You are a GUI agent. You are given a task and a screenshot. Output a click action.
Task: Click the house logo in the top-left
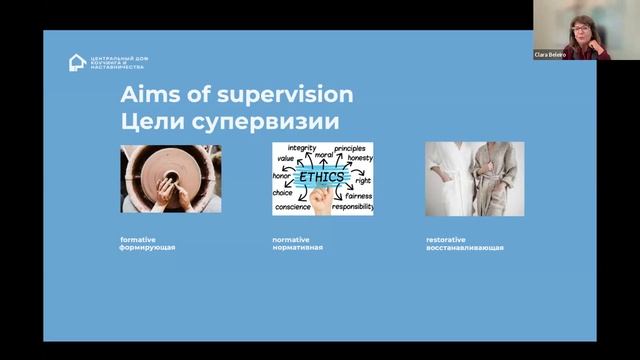(77, 62)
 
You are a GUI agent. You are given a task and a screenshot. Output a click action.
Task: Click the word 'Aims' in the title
(150, 95)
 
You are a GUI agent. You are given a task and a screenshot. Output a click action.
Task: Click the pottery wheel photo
(171, 179)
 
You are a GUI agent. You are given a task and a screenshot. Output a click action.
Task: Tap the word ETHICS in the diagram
(322, 179)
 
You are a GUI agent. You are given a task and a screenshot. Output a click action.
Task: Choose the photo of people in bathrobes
(474, 179)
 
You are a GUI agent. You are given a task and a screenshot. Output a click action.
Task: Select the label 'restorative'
(444, 239)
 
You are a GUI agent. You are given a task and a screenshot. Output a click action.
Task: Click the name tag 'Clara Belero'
(551, 55)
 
